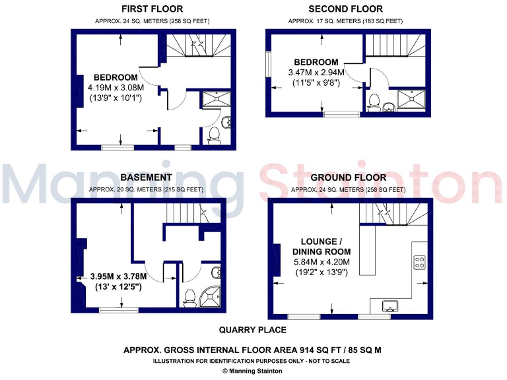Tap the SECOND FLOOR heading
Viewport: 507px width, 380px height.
click(345, 9)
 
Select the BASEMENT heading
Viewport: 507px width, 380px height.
click(147, 177)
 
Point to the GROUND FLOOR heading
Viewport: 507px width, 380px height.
click(348, 177)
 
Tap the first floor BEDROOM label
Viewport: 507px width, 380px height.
click(116, 76)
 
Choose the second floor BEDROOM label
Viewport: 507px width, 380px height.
click(318, 62)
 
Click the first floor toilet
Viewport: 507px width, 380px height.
click(215, 136)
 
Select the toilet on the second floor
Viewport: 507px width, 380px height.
click(374, 102)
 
